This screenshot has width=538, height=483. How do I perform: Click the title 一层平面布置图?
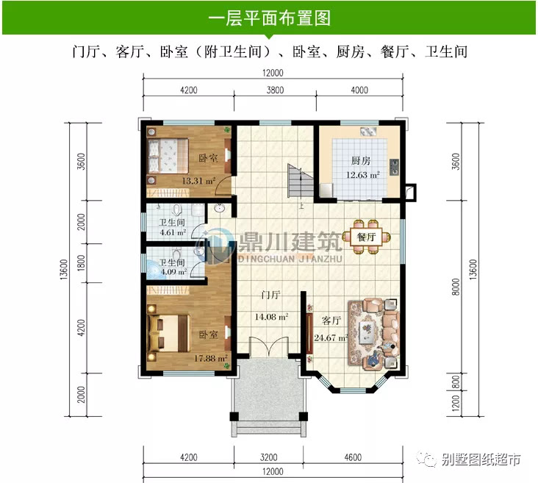coord(269,17)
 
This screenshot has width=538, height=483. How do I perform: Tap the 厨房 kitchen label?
coord(359,161)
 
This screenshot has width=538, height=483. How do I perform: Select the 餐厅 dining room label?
coord(367,237)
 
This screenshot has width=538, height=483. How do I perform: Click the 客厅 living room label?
coord(331,321)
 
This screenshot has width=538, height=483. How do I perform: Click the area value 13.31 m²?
coord(198,180)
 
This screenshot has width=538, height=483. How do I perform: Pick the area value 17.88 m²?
coord(209,358)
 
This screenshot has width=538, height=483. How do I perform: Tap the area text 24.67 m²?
coord(331,338)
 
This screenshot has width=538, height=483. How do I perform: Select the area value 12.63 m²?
coord(364,175)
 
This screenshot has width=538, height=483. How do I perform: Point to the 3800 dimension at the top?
coord(274,90)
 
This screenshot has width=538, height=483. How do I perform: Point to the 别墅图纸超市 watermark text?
coord(481,459)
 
